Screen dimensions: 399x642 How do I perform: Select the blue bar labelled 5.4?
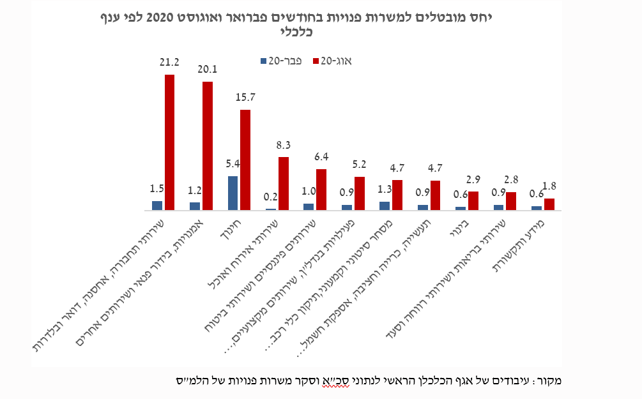coord(233,193)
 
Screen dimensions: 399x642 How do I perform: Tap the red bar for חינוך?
coord(245,160)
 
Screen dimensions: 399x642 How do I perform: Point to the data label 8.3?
coord(283,146)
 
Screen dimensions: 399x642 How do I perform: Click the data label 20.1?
coord(208,70)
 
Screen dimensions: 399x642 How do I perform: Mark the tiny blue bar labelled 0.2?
coord(271,209)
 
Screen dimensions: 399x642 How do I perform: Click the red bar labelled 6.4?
coord(321,189)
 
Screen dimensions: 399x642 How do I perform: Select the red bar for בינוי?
coord(473,200)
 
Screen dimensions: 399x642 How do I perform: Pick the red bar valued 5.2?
coord(360,193)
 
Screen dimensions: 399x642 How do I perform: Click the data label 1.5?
coord(157,189)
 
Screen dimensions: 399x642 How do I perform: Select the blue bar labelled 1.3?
coord(385,206)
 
